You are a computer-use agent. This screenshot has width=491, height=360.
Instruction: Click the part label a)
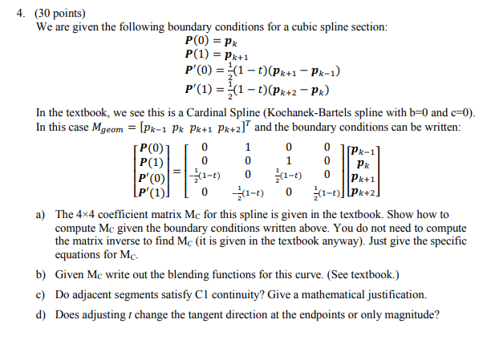tap(40, 215)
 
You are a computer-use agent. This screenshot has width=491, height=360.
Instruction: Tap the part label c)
tap(40, 294)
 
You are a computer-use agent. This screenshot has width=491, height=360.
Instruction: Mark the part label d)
tap(40, 314)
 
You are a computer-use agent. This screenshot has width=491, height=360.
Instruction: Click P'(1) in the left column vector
tap(152, 192)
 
